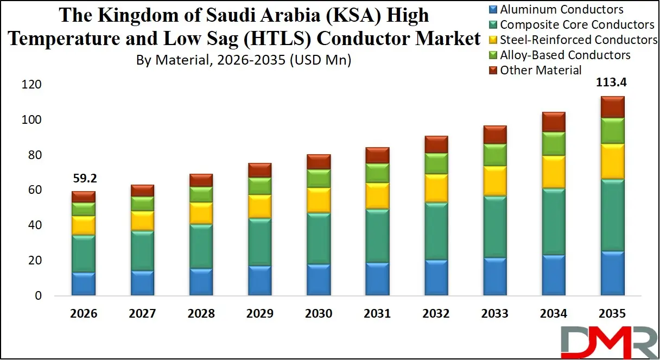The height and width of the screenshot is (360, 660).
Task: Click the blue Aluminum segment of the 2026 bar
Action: tap(83, 284)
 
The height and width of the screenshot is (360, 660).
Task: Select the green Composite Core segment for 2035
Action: tap(612, 215)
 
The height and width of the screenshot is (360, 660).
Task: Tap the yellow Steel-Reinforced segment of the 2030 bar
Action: tap(319, 200)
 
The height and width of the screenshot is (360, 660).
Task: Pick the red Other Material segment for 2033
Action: tap(494, 135)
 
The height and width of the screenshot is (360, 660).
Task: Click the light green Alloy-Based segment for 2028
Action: tap(201, 194)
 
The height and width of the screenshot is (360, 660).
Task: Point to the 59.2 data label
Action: tap(83, 179)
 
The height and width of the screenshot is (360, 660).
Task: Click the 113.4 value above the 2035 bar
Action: tap(612, 83)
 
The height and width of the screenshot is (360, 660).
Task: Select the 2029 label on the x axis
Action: tap(259, 314)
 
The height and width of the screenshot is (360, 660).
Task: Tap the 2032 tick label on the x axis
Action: tap(436, 314)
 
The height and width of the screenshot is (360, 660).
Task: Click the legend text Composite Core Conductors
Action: tap(577, 24)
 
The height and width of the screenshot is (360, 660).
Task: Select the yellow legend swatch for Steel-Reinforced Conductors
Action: tap(493, 40)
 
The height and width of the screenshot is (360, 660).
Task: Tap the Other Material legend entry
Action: tap(541, 70)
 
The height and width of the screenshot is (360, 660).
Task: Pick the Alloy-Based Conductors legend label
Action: tap(565, 55)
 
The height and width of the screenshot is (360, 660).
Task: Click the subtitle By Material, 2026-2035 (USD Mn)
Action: tap(244, 60)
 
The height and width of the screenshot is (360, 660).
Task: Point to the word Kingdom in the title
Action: tap(131, 15)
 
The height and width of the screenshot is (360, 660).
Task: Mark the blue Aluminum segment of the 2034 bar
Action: tap(553, 275)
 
